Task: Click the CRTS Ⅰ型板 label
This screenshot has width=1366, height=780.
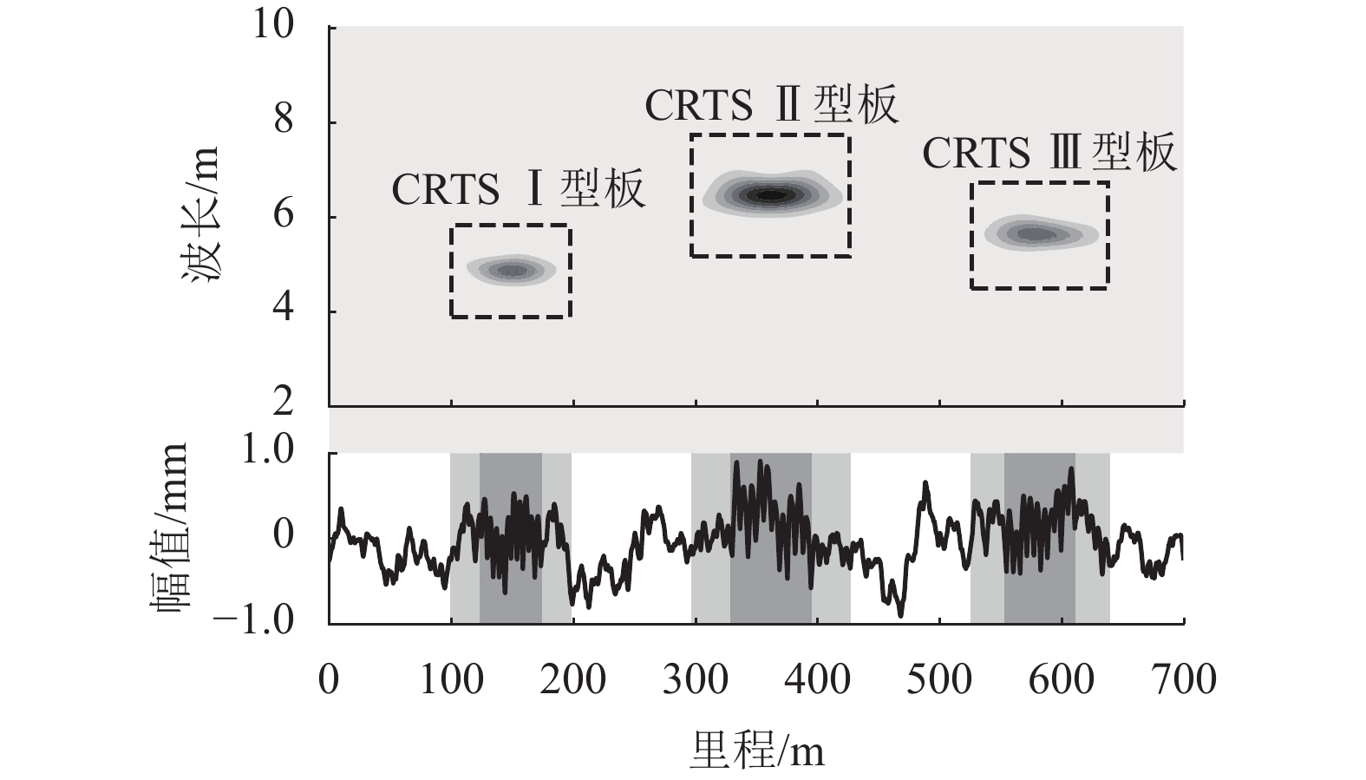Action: point(519,190)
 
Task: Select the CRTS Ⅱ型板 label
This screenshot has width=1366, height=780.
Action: point(771,106)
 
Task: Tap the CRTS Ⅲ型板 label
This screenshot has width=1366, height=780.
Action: point(1049,154)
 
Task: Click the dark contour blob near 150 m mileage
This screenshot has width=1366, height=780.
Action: point(511,271)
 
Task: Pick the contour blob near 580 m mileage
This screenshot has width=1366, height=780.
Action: point(1036,233)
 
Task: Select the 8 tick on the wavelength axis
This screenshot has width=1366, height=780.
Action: point(284,122)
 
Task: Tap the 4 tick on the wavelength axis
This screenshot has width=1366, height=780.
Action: point(284,311)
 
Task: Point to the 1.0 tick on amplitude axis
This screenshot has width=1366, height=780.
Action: point(271,453)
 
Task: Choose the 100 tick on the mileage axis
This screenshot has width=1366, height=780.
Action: point(451,679)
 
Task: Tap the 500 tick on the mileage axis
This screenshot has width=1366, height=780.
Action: point(940,679)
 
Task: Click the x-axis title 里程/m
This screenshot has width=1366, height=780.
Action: point(756,751)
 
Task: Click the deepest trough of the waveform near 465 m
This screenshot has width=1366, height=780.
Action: point(900,614)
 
